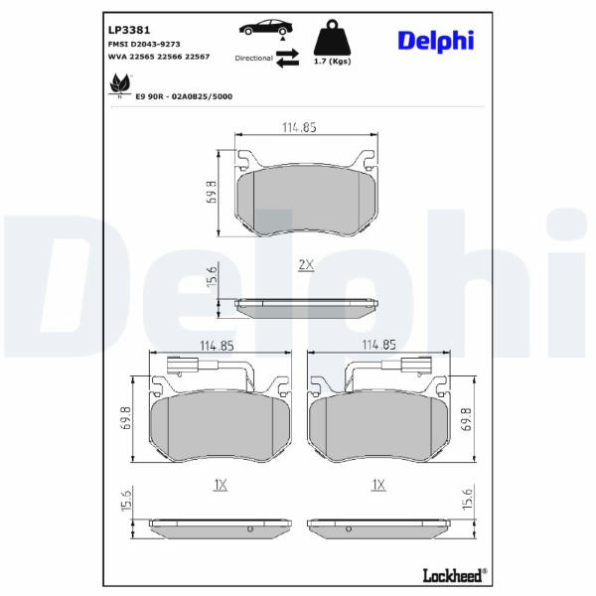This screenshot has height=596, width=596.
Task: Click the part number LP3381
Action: tap(129, 30)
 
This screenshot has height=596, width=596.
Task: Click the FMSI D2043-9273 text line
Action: tap(144, 45)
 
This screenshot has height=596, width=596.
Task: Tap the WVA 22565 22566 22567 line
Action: tap(159, 57)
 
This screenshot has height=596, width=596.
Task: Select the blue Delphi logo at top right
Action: tap(436, 41)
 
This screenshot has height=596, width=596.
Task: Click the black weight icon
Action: tap(332, 38)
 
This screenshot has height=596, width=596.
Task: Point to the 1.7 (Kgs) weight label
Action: tap(332, 62)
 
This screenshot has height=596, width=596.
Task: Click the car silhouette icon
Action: tap(266, 28)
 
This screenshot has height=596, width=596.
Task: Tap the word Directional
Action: tap(254, 59)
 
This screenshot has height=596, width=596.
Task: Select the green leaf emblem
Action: tap(120, 85)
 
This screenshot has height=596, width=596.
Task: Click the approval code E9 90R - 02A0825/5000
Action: tap(184, 96)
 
